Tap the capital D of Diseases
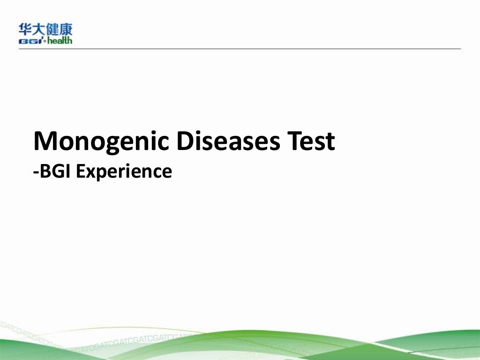184,141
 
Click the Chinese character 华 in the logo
25,30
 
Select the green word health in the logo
59,40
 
